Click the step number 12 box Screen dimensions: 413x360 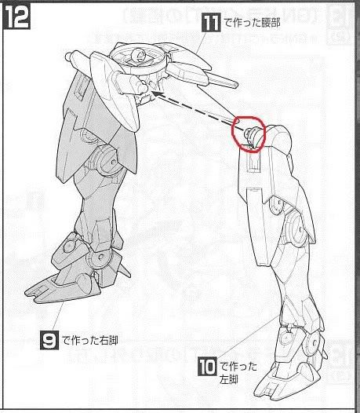pyautogui.click(x=17, y=16)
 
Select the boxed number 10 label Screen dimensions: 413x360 pyautogui.click(x=205, y=365)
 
